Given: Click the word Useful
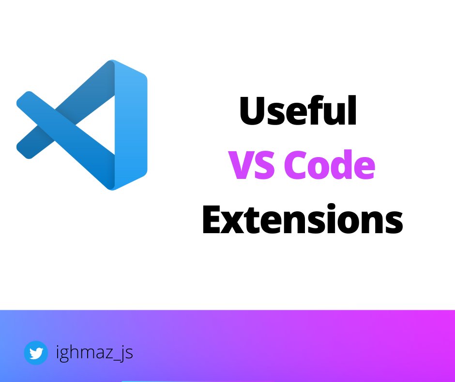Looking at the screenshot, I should click(298, 111).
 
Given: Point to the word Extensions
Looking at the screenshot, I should click(302, 221).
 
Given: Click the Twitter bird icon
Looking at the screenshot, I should click(36, 353).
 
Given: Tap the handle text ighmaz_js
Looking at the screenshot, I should click(94, 352).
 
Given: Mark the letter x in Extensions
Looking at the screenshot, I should click(238, 223).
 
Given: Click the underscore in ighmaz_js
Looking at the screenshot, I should click(116, 360).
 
